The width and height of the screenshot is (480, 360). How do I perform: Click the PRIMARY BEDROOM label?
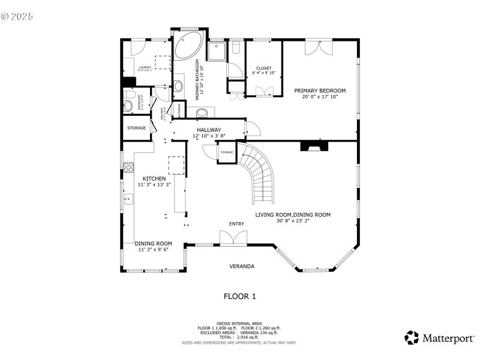320,90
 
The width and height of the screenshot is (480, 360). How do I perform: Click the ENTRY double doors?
233,238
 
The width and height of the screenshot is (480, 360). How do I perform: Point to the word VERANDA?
242,266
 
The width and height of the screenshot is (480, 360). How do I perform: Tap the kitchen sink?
127,198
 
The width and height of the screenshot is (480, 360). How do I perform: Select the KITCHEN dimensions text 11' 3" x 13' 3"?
154,185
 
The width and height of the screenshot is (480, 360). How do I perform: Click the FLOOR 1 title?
240,296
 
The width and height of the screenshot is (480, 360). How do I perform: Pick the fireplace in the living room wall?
314,146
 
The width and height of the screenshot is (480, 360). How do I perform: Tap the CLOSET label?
263,68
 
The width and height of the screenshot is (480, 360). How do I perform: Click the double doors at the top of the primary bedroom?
317,47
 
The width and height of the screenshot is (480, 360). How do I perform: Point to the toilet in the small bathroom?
128,106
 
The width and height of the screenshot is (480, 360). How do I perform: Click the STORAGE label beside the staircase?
226,152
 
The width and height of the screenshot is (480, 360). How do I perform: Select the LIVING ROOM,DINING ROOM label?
292,214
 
